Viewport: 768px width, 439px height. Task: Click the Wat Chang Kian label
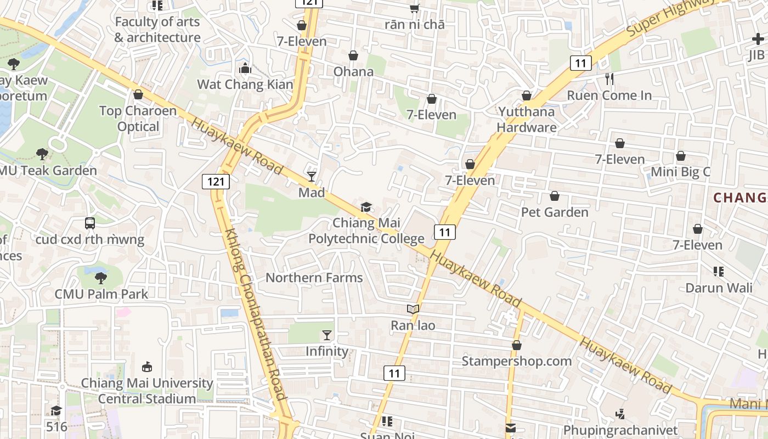tap(245, 85)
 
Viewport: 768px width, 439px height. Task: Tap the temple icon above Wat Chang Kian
tap(245, 69)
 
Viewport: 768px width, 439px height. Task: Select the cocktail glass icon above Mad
tap(312, 176)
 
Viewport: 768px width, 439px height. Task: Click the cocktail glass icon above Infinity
tap(327, 335)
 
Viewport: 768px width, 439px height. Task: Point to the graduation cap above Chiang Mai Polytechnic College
tap(366, 207)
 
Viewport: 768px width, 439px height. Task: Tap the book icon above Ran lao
tap(413, 309)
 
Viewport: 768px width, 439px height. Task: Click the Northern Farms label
tap(314, 278)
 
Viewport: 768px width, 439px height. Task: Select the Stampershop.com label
tap(516, 361)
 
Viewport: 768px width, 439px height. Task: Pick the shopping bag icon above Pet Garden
tap(555, 196)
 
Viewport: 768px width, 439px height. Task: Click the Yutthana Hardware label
tap(527, 120)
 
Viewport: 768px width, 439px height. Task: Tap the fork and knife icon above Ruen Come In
tap(609, 79)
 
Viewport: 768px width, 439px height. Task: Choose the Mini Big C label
tap(680, 172)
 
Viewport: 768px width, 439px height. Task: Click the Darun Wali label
tap(719, 288)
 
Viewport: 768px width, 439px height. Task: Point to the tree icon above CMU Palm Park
tap(101, 278)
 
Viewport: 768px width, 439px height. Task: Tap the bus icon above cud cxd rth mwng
tap(90, 223)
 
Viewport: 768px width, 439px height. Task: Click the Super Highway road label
tap(670, 18)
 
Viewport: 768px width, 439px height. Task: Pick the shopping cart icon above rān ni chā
tap(415, 8)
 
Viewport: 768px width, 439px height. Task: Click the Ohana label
tap(353, 71)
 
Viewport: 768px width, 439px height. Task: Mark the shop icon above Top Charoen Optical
tap(138, 95)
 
